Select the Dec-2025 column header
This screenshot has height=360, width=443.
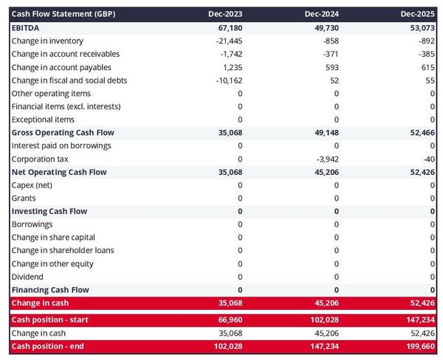419,14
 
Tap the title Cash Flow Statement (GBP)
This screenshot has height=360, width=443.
63,14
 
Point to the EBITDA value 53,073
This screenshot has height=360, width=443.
421,27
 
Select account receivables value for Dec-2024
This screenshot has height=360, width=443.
329,54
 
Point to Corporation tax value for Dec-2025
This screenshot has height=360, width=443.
430,159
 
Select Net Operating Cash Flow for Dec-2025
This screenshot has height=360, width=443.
421,172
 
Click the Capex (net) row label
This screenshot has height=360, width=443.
34,185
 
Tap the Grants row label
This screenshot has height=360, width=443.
24,198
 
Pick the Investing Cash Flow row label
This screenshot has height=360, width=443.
49,212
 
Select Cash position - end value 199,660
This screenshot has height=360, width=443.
419,347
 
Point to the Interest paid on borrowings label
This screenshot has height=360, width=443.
61,146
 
